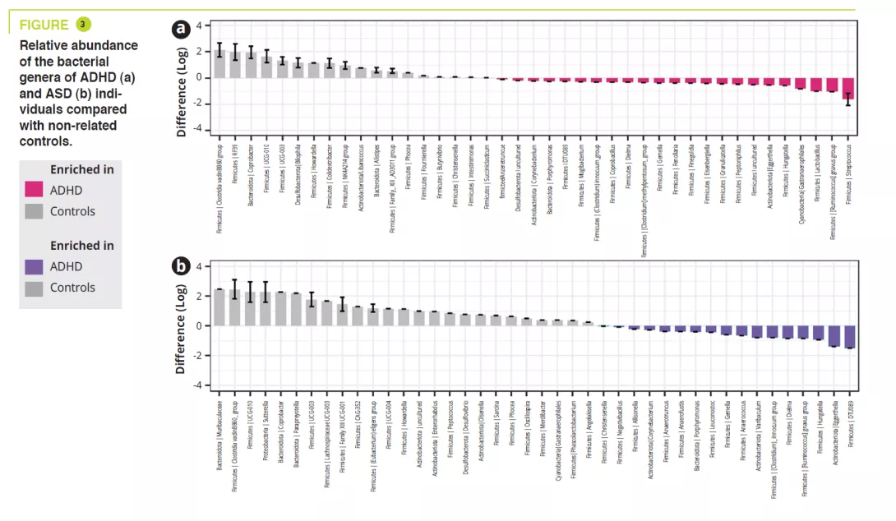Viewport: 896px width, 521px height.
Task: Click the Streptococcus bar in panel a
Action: click(x=848, y=88)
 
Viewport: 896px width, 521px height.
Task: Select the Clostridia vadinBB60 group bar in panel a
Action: click(x=219, y=63)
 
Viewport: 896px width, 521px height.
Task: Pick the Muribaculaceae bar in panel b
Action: click(x=219, y=307)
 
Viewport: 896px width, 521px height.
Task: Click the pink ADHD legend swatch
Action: click(x=35, y=191)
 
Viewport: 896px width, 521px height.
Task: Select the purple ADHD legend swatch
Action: click(x=35, y=266)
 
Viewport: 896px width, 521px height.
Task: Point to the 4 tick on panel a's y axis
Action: click(x=196, y=26)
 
